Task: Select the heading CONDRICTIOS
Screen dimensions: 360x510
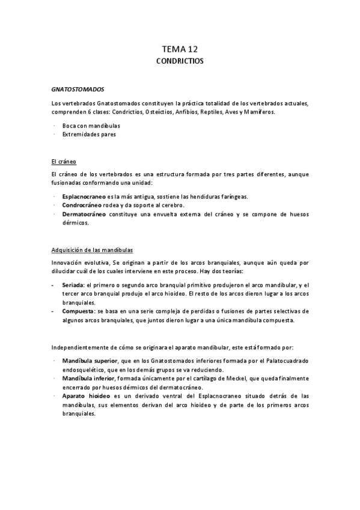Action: [x=180, y=61]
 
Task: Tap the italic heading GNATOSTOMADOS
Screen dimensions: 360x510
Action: [x=78, y=88]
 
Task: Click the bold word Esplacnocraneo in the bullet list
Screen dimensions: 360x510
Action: [x=84, y=197]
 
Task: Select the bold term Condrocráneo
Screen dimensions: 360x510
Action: [x=82, y=205]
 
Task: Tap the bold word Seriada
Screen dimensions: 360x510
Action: [x=73, y=284]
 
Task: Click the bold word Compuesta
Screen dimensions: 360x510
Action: [x=78, y=311]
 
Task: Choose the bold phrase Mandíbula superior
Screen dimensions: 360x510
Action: [x=88, y=361]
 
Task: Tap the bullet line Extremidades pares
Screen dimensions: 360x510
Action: [x=89, y=134]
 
